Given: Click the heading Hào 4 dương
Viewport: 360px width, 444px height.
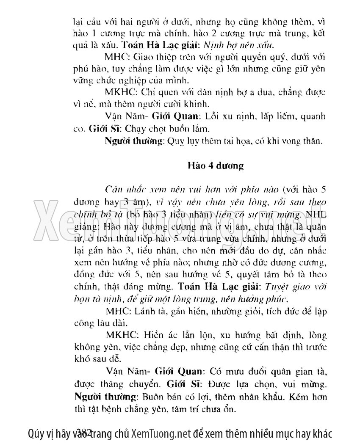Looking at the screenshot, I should coord(216,166).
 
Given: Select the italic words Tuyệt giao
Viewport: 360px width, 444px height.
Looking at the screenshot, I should coord(280,286).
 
